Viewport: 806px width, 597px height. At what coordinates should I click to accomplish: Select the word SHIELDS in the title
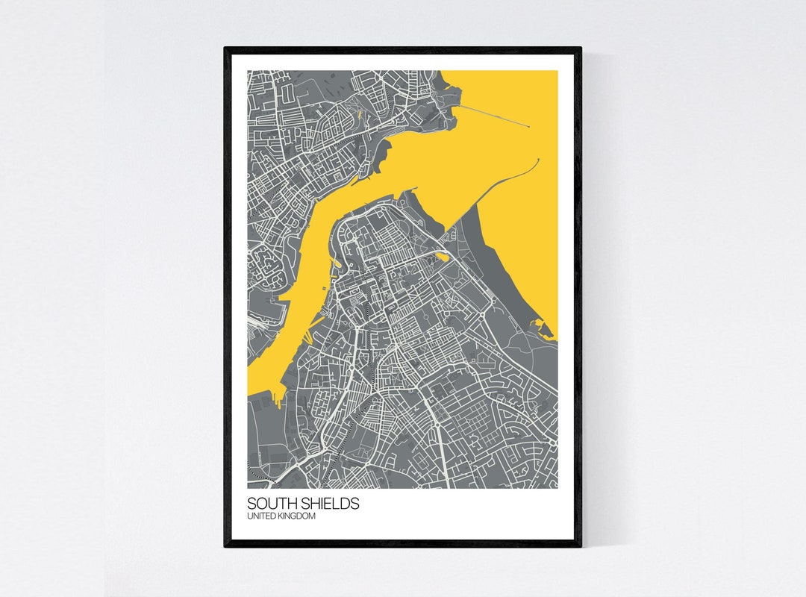(x=328, y=504)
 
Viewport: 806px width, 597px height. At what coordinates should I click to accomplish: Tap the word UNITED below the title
(x=260, y=516)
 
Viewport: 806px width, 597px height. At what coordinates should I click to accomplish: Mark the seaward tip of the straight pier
(x=529, y=127)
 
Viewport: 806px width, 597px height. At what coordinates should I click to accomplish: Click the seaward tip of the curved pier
(x=537, y=159)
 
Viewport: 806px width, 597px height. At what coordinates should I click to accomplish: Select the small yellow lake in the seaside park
(x=443, y=257)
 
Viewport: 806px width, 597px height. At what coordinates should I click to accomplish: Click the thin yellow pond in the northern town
(x=359, y=116)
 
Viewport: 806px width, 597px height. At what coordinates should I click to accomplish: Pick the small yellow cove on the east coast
(x=538, y=324)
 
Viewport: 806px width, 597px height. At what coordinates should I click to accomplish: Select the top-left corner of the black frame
(x=225, y=49)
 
